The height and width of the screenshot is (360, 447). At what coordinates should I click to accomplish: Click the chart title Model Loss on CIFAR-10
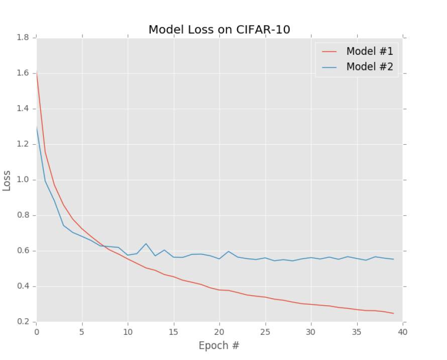click(219, 30)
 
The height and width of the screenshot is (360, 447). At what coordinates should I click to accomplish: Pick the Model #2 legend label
click(369, 66)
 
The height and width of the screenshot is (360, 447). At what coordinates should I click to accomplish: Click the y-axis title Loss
click(7, 180)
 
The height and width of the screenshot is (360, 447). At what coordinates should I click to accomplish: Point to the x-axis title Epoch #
click(219, 345)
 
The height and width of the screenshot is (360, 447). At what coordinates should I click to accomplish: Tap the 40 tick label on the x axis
click(403, 332)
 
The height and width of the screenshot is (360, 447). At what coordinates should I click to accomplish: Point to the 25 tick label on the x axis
click(265, 332)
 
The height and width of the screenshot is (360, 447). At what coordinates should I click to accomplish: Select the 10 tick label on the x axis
click(128, 332)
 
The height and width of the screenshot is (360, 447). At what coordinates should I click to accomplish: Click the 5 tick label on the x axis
click(82, 332)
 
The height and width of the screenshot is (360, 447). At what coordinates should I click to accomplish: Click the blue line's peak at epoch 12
click(146, 244)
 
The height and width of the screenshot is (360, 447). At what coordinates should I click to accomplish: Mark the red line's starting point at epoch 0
click(37, 74)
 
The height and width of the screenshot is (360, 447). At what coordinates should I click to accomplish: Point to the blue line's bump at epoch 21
click(229, 251)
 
